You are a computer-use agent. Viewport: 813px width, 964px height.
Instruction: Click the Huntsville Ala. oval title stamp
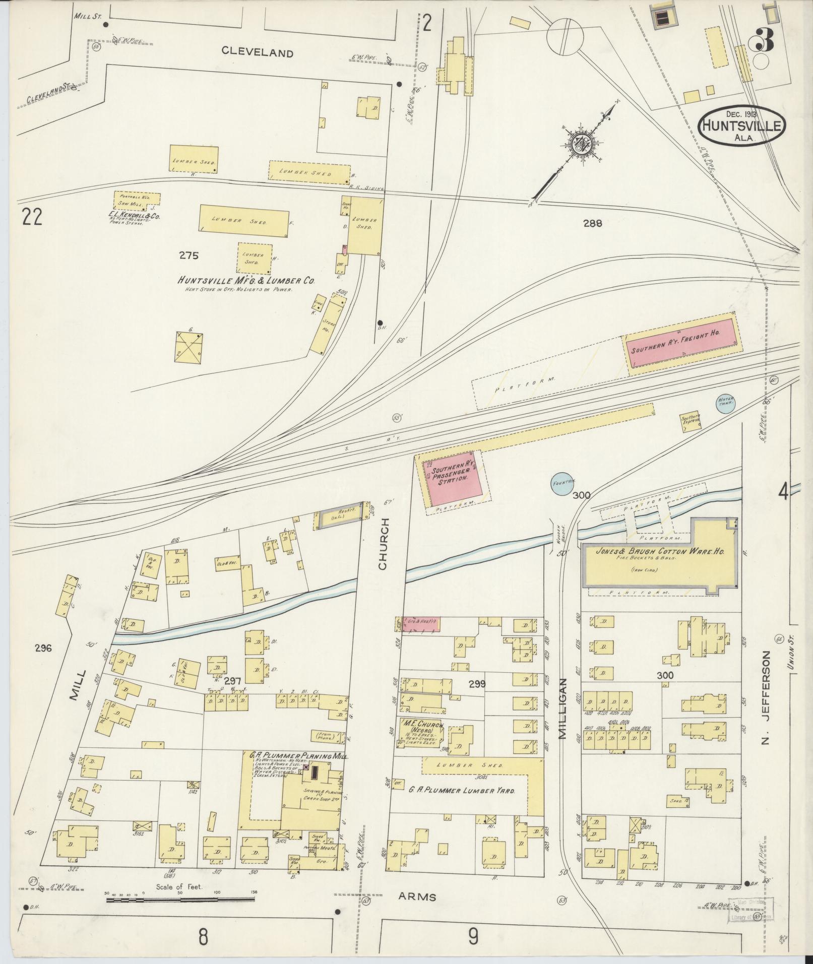pos(741,126)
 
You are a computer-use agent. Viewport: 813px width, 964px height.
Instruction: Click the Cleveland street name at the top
pos(257,52)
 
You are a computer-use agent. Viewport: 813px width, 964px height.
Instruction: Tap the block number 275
pos(189,255)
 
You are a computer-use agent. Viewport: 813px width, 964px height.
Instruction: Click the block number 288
pos(593,223)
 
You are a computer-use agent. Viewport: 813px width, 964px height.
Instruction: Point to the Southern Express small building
pos(691,419)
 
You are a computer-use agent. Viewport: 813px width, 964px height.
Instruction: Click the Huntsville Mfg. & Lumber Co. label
pos(245,281)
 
